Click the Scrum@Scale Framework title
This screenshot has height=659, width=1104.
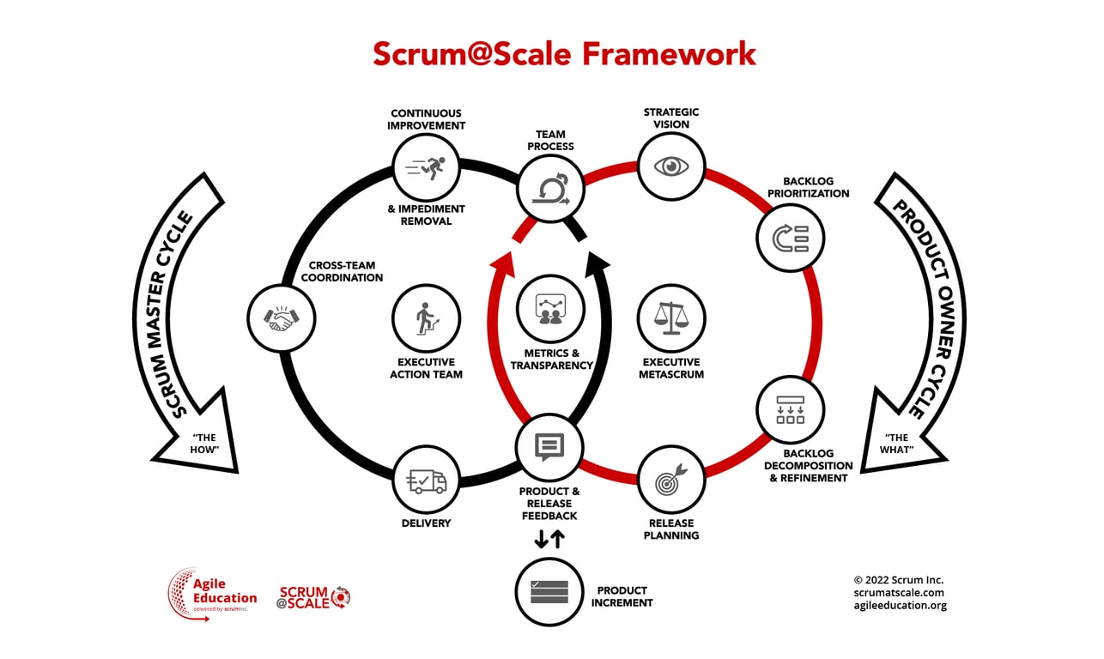click(564, 53)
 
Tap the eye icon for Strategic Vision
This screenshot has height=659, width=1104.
click(671, 166)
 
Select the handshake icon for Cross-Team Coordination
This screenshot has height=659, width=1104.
click(281, 317)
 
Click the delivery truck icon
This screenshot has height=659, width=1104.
click(427, 481)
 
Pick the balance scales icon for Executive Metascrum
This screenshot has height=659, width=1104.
click(671, 317)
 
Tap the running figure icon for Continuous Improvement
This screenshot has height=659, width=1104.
click(427, 166)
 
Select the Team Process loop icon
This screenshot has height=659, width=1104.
click(550, 187)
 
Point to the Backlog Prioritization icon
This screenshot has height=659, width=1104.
click(790, 238)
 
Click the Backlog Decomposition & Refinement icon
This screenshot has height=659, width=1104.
click(790, 408)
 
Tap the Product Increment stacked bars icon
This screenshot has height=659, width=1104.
click(549, 592)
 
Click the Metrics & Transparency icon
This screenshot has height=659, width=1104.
click(550, 309)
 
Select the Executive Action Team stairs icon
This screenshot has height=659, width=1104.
click(427, 317)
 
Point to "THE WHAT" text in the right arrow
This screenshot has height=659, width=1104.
click(896, 444)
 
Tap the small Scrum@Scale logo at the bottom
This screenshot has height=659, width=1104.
click(314, 596)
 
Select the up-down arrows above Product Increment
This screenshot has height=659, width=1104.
click(549, 539)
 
